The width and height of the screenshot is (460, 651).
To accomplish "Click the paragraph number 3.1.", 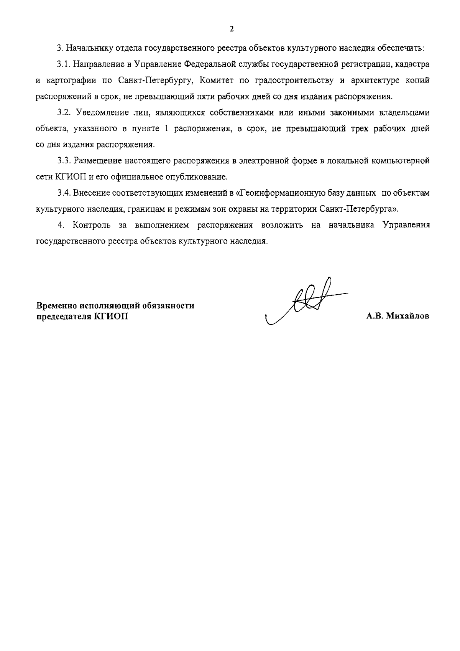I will (63, 64).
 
